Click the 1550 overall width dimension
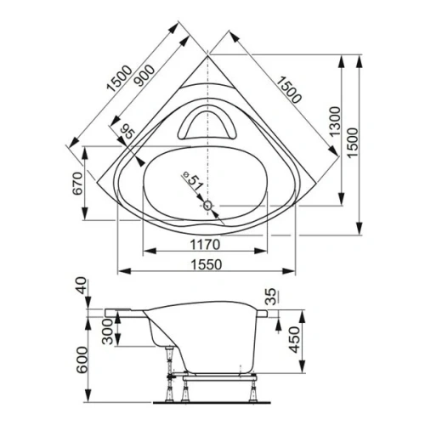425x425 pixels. (x=203, y=263)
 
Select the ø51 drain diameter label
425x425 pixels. (x=190, y=180)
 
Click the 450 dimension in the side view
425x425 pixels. (x=293, y=341)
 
